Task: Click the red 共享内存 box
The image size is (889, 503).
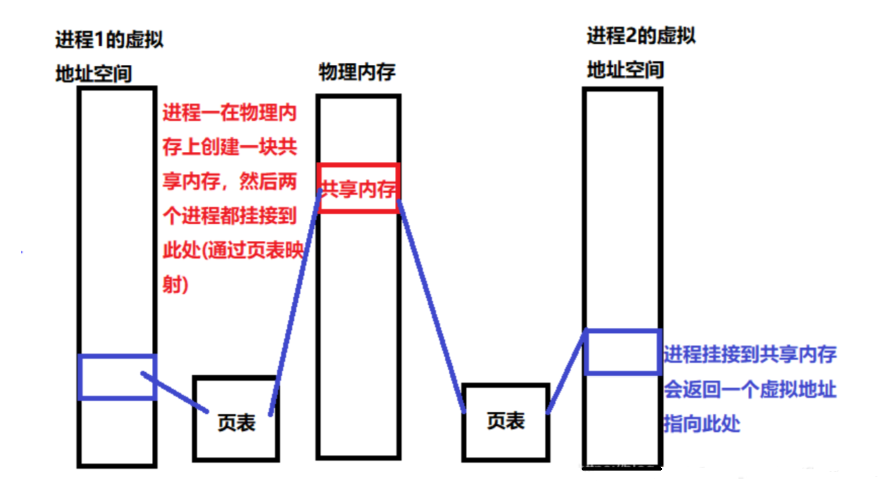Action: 358,188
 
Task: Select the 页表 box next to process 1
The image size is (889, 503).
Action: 236,419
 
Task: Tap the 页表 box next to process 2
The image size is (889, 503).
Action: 506,421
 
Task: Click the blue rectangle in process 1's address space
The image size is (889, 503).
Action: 117,377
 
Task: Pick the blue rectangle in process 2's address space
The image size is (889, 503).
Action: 622,351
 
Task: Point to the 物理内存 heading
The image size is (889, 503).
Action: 357,72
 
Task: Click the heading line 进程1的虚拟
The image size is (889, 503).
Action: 109,40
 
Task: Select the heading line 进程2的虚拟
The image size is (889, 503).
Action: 641,35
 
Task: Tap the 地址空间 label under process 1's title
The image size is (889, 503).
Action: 94,73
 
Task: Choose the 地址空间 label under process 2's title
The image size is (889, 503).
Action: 625,69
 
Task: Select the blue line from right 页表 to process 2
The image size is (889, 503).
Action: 566,375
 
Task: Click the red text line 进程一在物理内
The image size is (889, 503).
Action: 230,113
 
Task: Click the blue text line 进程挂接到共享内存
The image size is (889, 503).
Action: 750,354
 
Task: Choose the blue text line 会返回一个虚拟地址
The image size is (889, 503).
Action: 750,390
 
